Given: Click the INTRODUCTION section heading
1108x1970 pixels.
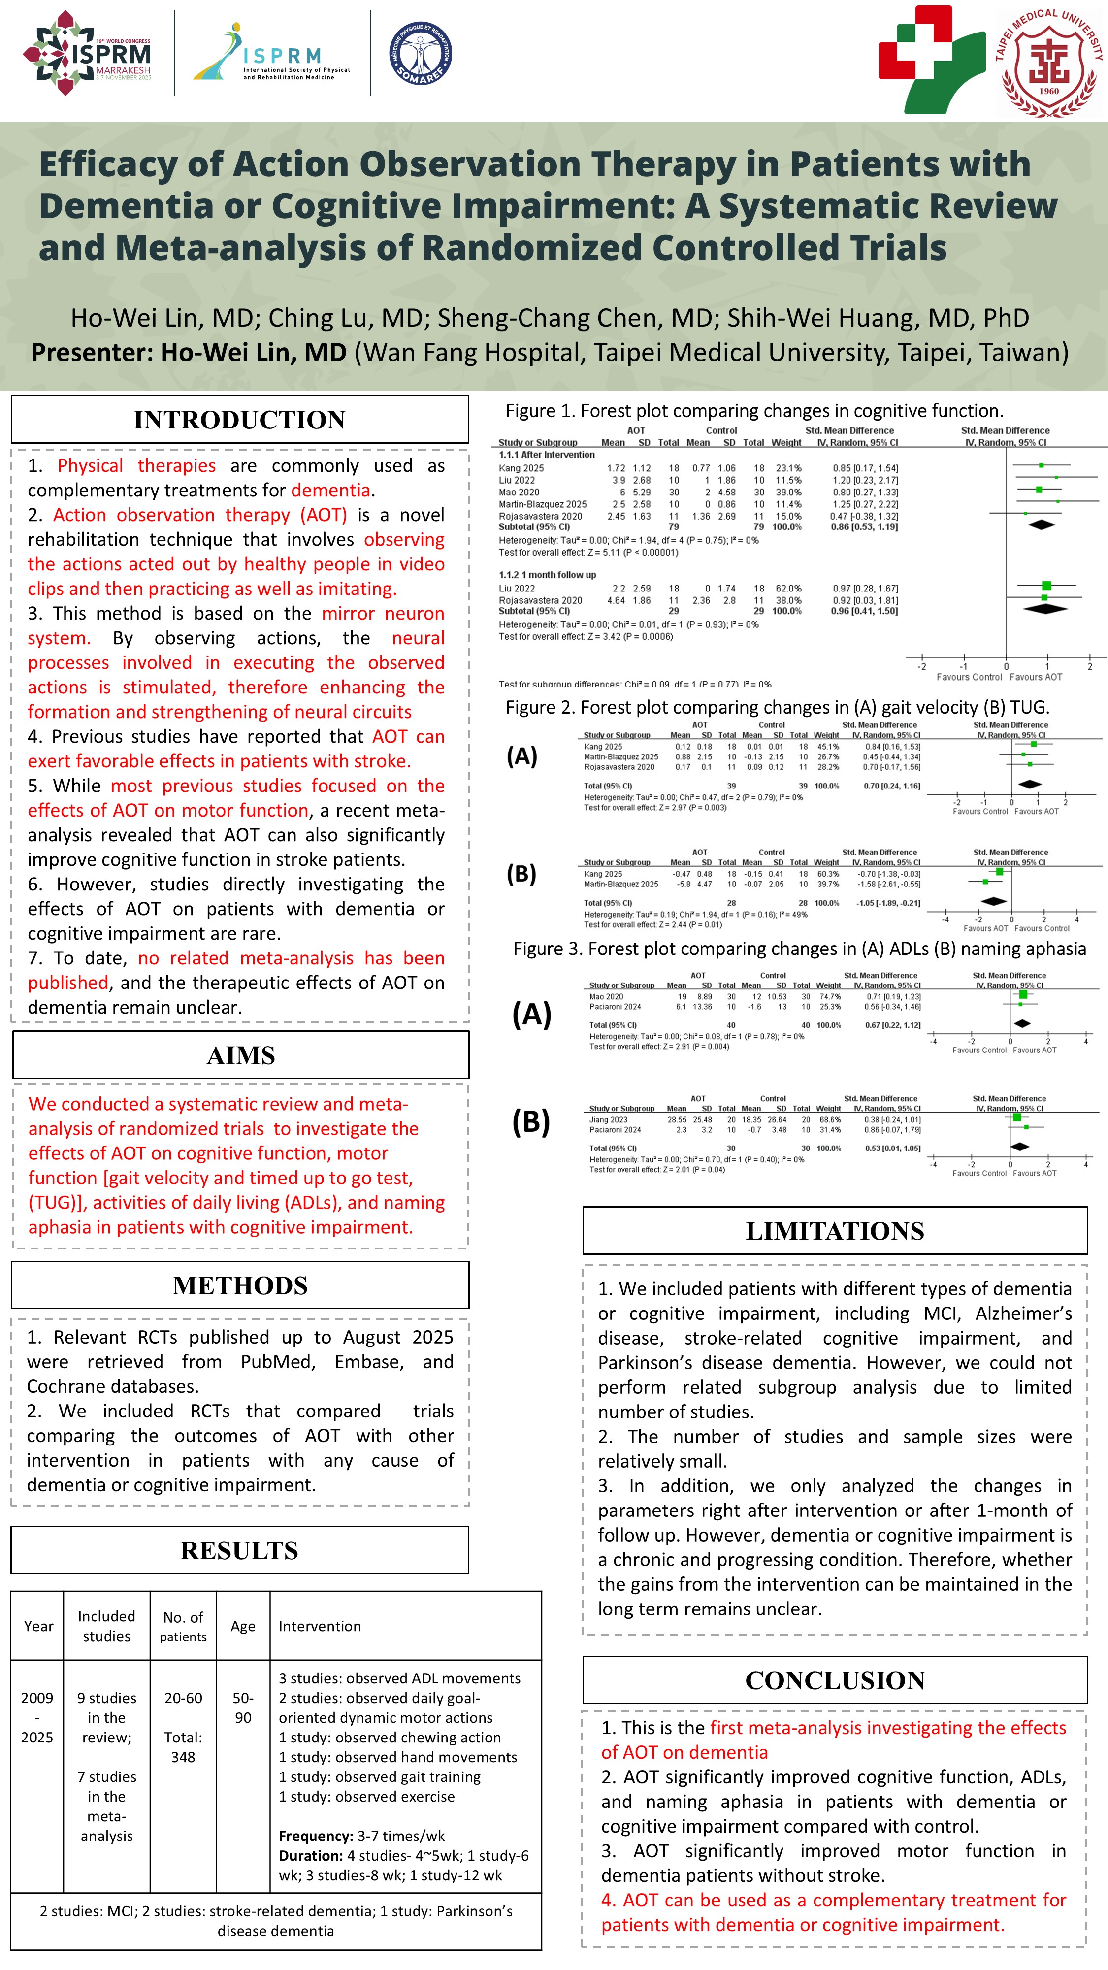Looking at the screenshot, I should click(239, 420).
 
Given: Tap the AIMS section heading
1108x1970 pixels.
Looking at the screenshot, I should click(240, 1055).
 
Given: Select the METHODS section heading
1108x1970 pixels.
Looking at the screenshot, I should click(240, 1285).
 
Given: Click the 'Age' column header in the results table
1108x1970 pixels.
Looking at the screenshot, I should click(243, 1626).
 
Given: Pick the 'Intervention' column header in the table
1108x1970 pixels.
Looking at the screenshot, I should click(320, 1626).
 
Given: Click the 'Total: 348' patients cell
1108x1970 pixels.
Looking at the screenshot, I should click(183, 1747).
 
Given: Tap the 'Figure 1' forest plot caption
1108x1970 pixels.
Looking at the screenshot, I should click(754, 411).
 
